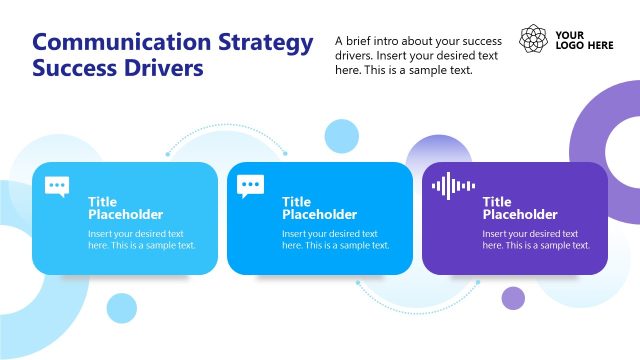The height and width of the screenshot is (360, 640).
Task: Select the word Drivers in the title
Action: coord(159,69)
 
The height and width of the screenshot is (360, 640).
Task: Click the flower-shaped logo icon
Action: coord(534,39)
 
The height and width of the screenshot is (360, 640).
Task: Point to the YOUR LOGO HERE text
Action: coord(584,40)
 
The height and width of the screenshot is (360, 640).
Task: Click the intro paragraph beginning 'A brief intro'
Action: coord(417,56)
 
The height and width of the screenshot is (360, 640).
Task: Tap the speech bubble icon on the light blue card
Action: coord(57,186)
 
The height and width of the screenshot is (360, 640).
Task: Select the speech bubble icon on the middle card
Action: coord(251,186)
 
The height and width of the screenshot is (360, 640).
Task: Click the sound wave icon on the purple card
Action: coord(453,186)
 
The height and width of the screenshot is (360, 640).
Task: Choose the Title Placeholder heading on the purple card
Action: coord(520,208)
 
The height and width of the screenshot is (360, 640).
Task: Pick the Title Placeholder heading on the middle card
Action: coord(319,208)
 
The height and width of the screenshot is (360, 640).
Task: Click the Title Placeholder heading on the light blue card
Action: coord(125,208)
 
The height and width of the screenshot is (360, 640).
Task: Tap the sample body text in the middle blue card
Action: coord(335,239)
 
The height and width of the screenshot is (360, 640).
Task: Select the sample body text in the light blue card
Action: coord(141,239)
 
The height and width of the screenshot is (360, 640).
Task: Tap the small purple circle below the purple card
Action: coord(513,297)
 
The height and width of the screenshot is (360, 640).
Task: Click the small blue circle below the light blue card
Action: coord(121,307)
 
